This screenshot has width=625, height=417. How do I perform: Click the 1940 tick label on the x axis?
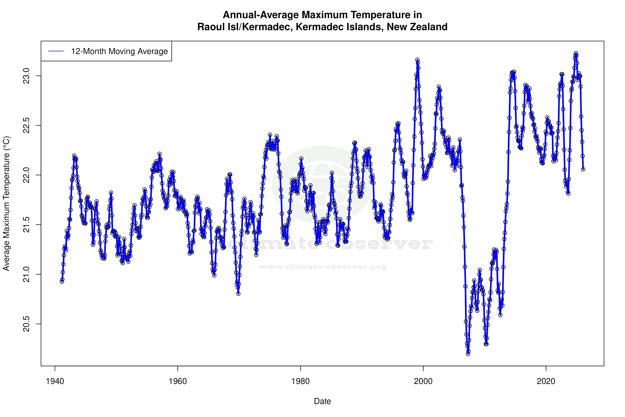[x=55, y=381]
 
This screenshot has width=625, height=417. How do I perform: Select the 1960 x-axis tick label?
[x=178, y=381]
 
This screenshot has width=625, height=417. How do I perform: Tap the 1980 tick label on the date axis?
[x=300, y=381]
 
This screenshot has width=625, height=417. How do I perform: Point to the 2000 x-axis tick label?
[x=423, y=381]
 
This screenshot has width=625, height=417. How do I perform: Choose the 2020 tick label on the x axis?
[x=546, y=381]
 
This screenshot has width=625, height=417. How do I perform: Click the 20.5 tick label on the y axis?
[x=26, y=324]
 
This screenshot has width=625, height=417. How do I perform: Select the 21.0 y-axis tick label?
[x=26, y=274]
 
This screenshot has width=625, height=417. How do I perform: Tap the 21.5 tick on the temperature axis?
[x=26, y=225]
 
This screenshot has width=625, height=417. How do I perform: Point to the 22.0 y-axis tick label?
[x=26, y=175]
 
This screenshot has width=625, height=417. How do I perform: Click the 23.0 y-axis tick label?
[x=26, y=76]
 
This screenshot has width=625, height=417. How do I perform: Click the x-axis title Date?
[x=322, y=401]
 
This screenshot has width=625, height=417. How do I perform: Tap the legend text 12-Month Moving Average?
[x=119, y=51]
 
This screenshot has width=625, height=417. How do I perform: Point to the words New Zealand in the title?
[x=417, y=27]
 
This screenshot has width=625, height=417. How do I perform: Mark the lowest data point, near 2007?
[x=468, y=354]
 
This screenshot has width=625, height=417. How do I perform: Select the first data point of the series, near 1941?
[x=62, y=281]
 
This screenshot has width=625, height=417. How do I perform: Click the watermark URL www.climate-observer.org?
[x=322, y=267]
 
